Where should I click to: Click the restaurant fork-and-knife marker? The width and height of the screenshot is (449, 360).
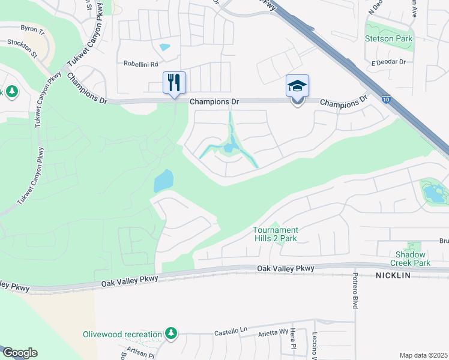175,83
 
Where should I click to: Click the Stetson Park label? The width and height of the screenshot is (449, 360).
388,38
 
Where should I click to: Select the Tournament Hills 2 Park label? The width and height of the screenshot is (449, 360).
275,234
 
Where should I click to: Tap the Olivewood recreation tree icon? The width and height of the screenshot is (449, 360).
171,334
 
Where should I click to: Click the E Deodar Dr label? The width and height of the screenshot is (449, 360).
388,62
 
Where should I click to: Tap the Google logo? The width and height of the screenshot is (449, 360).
19,353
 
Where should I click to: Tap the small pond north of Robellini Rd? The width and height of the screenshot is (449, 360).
164,47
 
